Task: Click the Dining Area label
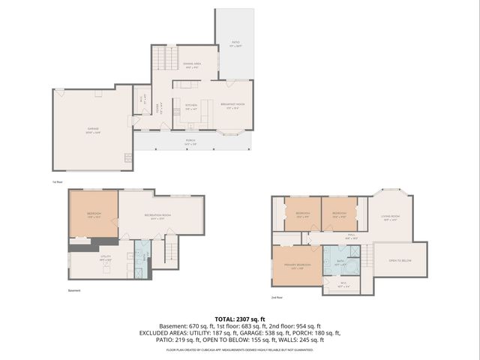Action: click(193, 66)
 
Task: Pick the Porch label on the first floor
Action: click(192, 140)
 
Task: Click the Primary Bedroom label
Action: click(296, 266)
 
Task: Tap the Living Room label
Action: click(391, 217)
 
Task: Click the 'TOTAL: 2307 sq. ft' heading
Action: click(239, 319)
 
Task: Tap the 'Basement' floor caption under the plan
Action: click(73, 290)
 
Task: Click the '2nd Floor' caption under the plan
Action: click(277, 298)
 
